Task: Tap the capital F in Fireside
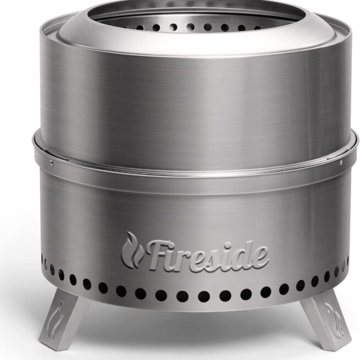157,254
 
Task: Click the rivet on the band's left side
51,162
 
